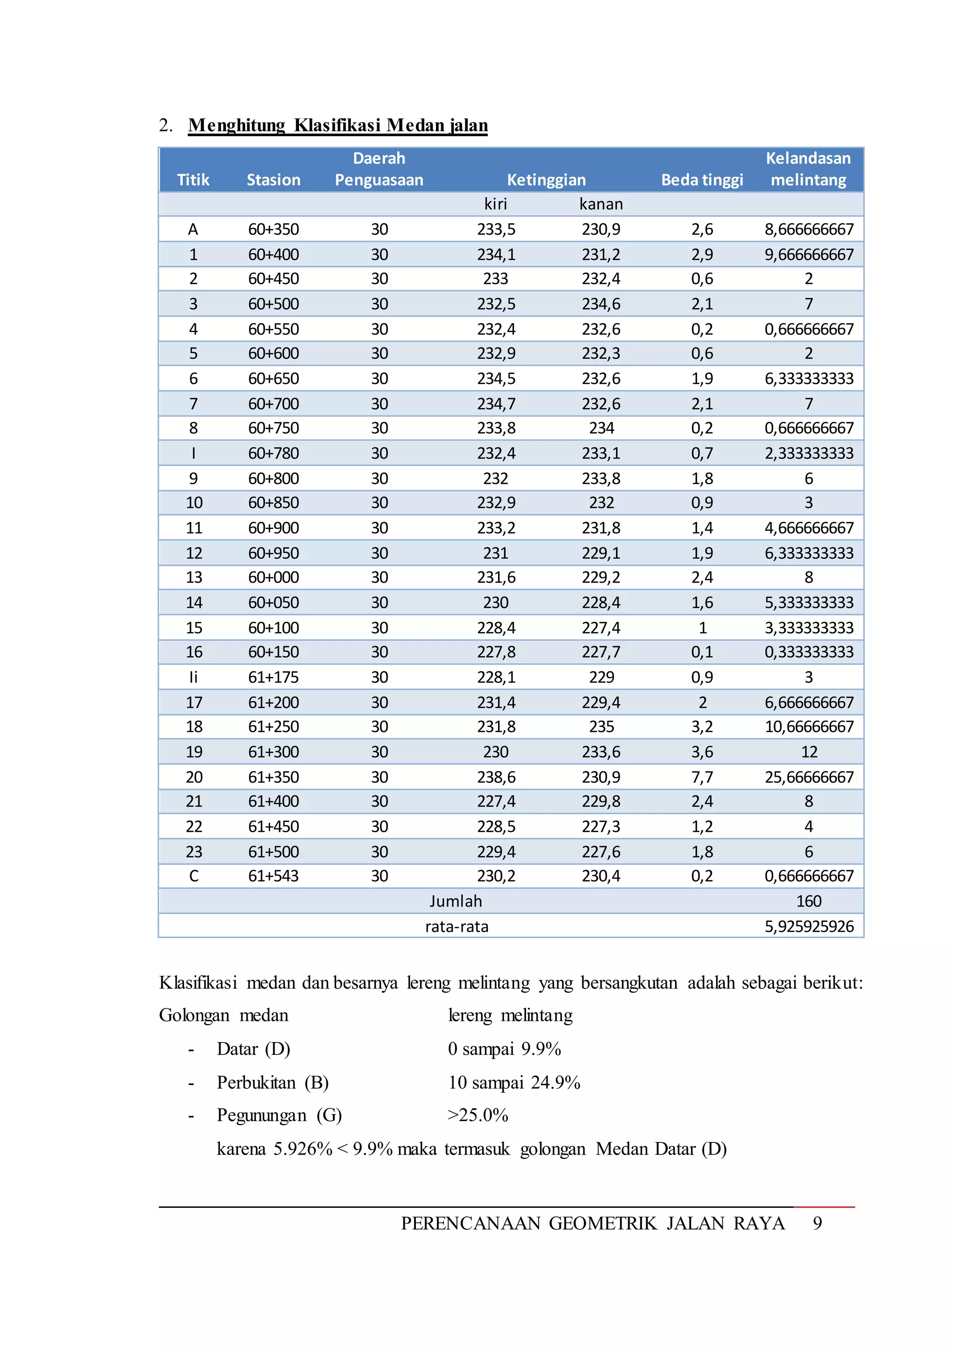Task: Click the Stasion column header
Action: (273, 180)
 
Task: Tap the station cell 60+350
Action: (273, 229)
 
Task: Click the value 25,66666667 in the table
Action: (809, 777)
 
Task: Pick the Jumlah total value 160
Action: (809, 901)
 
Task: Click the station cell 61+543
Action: (273, 876)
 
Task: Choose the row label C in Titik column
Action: (194, 876)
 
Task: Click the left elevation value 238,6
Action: (496, 777)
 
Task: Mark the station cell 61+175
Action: (273, 677)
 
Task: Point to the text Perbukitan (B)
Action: (272, 1082)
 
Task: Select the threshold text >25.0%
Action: (477, 1115)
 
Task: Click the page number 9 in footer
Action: (817, 1223)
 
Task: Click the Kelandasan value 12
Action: (809, 752)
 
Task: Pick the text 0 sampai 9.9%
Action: (504, 1049)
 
